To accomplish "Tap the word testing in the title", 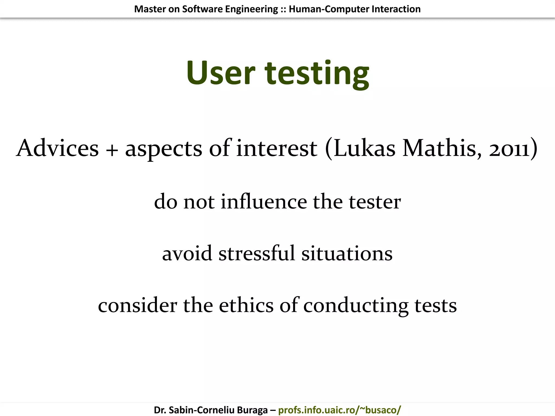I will [317, 74].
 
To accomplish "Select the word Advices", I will [57, 148].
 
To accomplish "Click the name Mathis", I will [442, 148].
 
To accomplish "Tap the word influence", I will [264, 202].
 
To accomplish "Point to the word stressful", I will [257, 253].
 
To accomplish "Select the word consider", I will [137, 305].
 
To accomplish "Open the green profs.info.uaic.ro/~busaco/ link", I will [339, 410].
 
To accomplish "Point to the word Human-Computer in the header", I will [329, 9].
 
